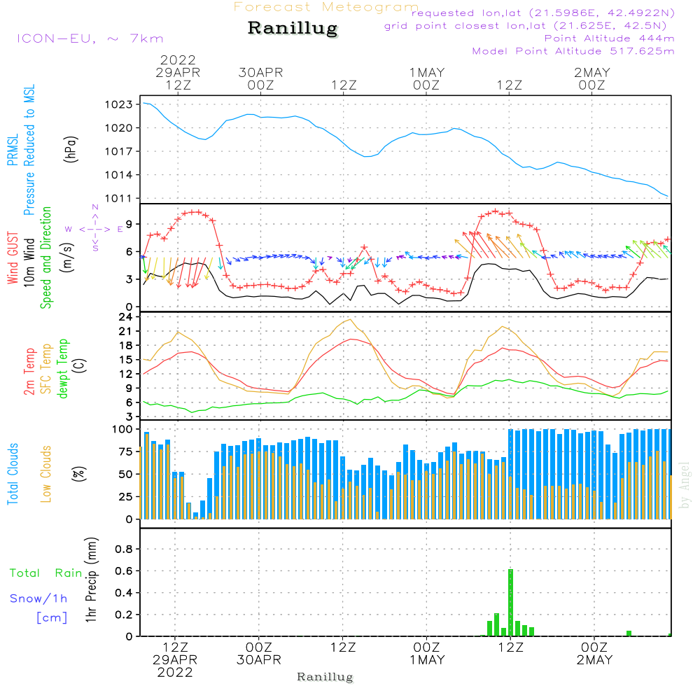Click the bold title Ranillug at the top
[293, 29]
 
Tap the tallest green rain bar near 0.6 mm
[510, 602]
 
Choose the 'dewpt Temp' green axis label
[64, 368]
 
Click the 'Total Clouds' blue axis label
[13, 474]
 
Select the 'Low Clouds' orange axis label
[46, 474]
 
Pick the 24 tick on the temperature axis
[126, 316]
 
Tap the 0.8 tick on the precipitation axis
[124, 549]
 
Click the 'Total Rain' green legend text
[46, 573]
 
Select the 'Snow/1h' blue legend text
[39, 598]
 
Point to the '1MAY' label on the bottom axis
[427, 660]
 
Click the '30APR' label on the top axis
[260, 72]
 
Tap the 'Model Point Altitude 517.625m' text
[573, 51]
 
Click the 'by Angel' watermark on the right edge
[685, 485]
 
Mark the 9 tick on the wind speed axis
[129, 224]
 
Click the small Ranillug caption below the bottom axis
[325, 677]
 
